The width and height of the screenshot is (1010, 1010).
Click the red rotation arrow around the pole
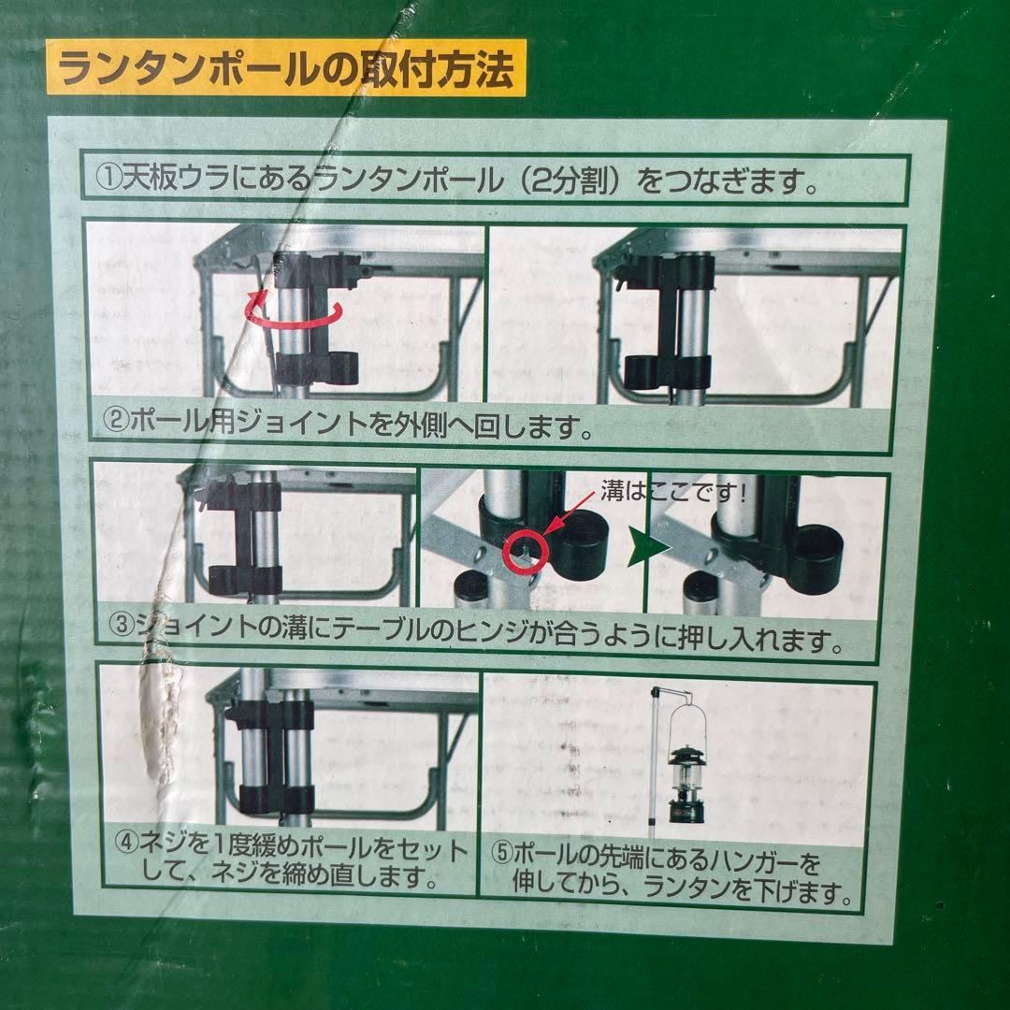pos(295,310)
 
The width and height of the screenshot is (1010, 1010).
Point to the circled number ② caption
pos(115,426)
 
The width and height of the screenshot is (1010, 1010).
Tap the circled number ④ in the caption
pos(126,850)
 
